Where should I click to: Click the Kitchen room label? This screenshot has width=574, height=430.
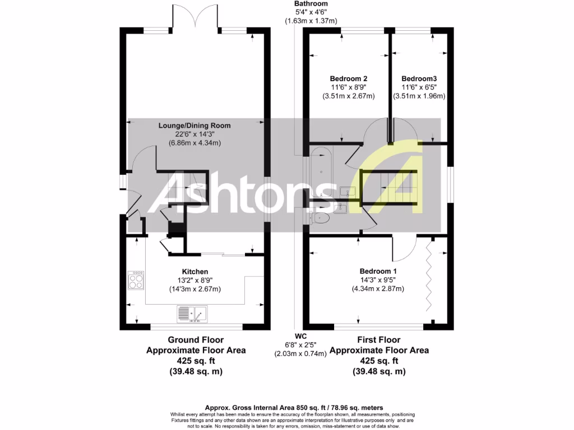[196, 272]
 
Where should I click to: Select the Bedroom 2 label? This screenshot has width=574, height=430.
[348, 79]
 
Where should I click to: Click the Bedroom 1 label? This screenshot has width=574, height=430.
[378, 272]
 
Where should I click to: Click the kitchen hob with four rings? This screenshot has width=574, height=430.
[136, 280]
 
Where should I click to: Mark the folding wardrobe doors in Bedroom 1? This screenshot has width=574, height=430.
[431, 280]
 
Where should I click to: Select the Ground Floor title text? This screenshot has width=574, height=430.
[196, 340]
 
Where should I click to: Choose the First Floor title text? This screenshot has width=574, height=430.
[379, 340]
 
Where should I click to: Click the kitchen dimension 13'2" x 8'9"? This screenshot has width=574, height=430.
[196, 281]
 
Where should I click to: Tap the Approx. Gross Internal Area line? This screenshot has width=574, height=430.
[286, 408]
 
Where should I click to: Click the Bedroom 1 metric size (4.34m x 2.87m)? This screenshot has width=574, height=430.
[378, 289]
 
